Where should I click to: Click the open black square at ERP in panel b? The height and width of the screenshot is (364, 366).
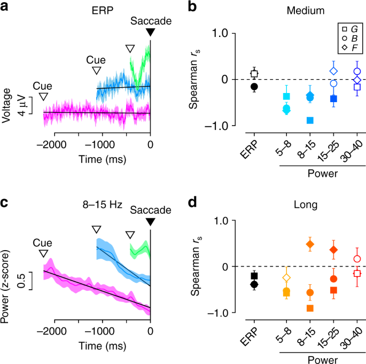(254, 74)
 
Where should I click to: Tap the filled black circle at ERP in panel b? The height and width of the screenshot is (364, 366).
(254, 87)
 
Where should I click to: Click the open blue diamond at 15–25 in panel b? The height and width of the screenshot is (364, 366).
(333, 71)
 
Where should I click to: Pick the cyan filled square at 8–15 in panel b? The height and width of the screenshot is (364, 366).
(310, 120)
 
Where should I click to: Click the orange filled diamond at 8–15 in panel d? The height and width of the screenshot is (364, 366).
(310, 244)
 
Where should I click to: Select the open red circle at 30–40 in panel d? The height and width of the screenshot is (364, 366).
(357, 259)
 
